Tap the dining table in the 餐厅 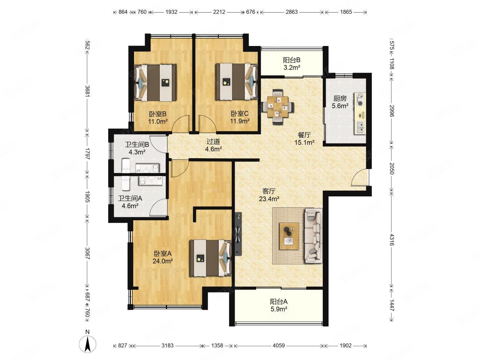(x=278, y=107)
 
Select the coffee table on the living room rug (x=289, y=236)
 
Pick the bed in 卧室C (x=237, y=82)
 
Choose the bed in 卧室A (x=210, y=258)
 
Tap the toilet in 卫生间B (x=126, y=165)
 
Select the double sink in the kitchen (x=360, y=128)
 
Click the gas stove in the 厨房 (x=360, y=99)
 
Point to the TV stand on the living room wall (x=238, y=234)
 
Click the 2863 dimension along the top (x=291, y=12)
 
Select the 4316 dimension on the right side (x=392, y=240)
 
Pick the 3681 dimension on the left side (x=87, y=91)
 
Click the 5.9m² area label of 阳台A (x=279, y=309)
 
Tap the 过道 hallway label (x=213, y=142)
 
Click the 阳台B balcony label (x=292, y=60)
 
